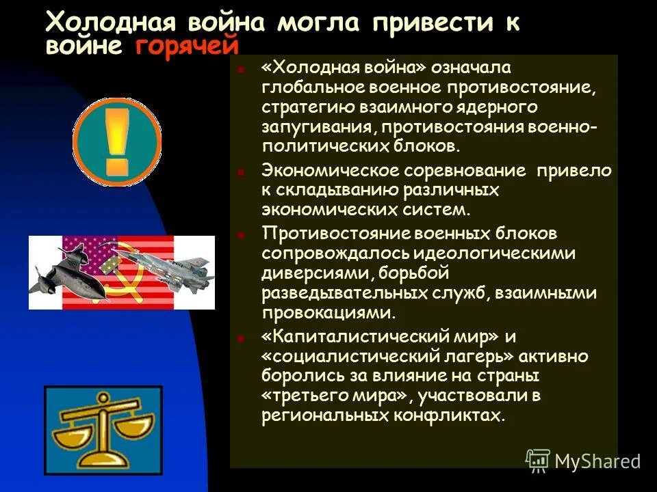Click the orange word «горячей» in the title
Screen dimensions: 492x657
pos(188,46)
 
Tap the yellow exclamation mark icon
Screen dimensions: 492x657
pos(117,141)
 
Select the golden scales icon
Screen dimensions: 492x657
pos(103,426)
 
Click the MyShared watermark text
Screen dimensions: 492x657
pos(597,461)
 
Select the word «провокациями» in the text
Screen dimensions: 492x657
pos(328,313)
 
